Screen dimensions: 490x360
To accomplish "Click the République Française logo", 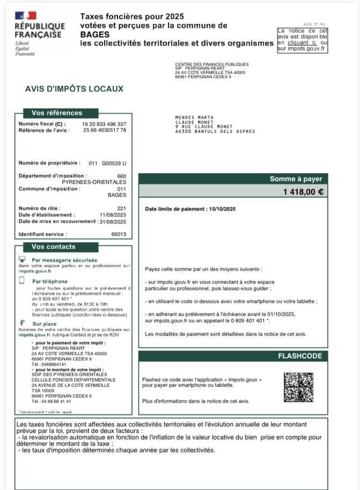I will pos(39,32).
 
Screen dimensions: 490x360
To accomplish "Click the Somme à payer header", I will pos(296,179).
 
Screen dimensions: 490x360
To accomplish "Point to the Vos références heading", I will pos(57,113).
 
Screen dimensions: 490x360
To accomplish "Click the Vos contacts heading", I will pos(53,247).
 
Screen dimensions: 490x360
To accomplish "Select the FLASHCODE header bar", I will pos(300,356).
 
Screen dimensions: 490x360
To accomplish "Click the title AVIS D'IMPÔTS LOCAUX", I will pos(74,89).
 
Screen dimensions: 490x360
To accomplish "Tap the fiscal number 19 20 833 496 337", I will pos(104,124).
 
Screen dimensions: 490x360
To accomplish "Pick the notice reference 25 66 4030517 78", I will pos(104,130).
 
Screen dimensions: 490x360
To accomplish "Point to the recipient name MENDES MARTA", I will pos(194,117).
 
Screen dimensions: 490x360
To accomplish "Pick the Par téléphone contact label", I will pos(50,281).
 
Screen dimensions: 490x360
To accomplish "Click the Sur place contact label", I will pos(44,324).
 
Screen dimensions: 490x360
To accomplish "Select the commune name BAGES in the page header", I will pos(94,34).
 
